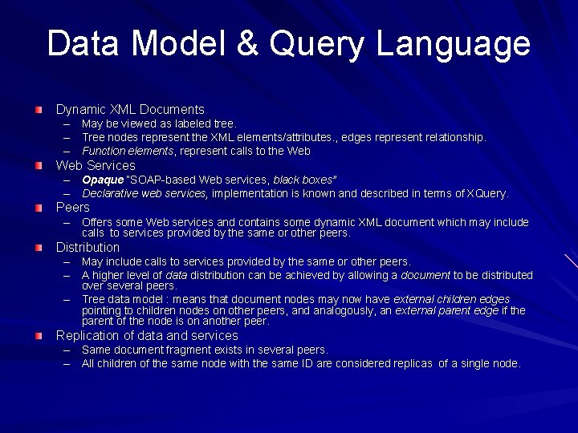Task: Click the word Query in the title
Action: pyautogui.click(x=317, y=44)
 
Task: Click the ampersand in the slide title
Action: pyautogui.click(x=247, y=44)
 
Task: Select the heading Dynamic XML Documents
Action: pyautogui.click(x=129, y=109)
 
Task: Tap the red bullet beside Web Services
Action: pyautogui.click(x=39, y=165)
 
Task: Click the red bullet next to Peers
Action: pyautogui.click(x=39, y=207)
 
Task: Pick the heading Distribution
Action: pyautogui.click(x=88, y=247)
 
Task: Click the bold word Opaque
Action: pyautogui.click(x=103, y=180)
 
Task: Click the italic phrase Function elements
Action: pyautogui.click(x=128, y=151)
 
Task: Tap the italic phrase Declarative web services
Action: pyautogui.click(x=144, y=193)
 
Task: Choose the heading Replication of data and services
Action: pyautogui.click(x=146, y=335)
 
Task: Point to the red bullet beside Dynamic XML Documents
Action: pyautogui.click(x=39, y=109)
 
